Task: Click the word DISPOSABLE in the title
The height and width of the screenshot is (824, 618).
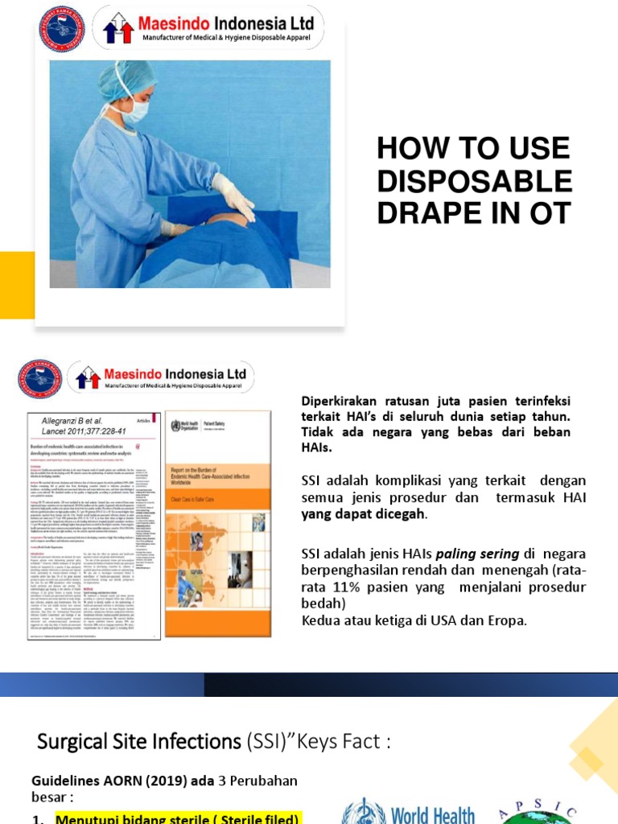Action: pos(474,181)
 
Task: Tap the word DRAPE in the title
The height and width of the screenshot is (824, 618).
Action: pos(431,213)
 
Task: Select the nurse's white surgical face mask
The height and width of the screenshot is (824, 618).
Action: pos(134,110)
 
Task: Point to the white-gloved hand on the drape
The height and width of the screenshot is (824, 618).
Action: pos(235,197)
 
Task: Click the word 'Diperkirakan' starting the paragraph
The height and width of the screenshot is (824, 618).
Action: pos(339,401)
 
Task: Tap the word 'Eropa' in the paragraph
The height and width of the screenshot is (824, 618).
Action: pos(503,620)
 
